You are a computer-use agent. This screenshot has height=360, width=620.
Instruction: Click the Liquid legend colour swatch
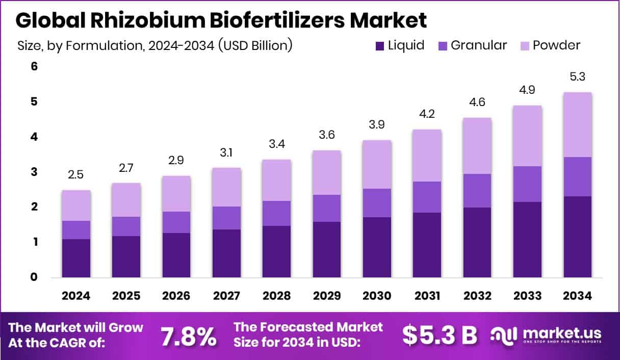(379, 46)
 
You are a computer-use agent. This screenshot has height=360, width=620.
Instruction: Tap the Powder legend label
(556, 45)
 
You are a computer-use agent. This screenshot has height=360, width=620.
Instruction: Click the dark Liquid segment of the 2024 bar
(76, 258)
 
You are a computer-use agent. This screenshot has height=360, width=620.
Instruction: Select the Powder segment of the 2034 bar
(578, 125)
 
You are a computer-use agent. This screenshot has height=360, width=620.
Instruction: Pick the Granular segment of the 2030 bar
(377, 203)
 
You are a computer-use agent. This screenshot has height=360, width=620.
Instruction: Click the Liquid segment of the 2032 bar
(477, 242)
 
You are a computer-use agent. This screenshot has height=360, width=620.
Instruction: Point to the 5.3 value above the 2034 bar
(578, 78)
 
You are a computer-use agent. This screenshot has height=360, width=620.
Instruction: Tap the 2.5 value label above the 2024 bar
(76, 175)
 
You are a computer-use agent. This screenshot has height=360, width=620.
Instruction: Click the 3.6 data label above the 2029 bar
(327, 135)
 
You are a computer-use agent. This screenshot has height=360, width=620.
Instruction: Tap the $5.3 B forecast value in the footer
(440, 335)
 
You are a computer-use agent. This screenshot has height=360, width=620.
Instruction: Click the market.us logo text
(561, 333)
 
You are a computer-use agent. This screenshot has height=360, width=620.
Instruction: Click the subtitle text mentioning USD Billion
(154, 45)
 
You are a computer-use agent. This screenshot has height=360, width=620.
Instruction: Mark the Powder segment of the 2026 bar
(176, 194)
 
